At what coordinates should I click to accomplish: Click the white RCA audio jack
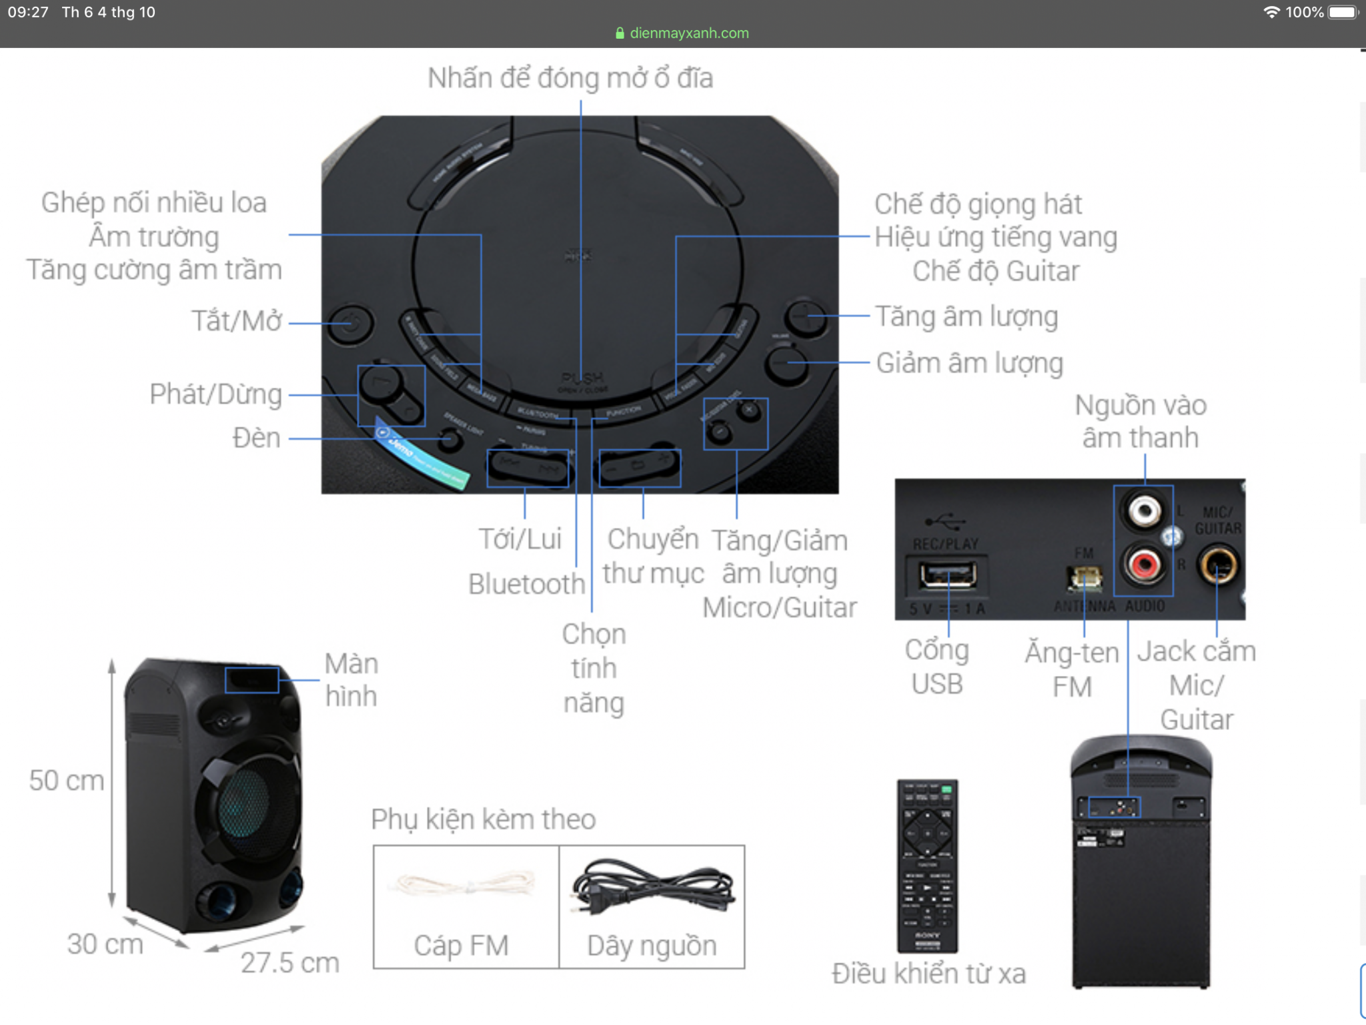pyautogui.click(x=1144, y=511)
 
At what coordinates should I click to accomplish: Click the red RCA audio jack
pyautogui.click(x=1144, y=565)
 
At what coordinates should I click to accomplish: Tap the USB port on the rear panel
pyautogui.click(x=947, y=574)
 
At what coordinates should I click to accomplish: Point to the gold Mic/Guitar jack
pyautogui.click(x=1218, y=566)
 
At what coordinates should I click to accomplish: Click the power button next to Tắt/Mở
pyautogui.click(x=351, y=324)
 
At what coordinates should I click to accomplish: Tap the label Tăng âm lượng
pyautogui.click(x=966, y=317)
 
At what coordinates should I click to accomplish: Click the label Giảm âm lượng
pyautogui.click(x=969, y=364)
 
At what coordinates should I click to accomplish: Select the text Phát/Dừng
pyautogui.click(x=215, y=394)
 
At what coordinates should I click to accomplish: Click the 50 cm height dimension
pyautogui.click(x=67, y=781)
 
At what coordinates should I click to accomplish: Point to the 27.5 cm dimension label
pyautogui.click(x=289, y=963)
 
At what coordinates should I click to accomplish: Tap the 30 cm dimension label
pyautogui.click(x=105, y=944)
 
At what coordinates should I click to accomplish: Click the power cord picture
pyautogui.click(x=652, y=887)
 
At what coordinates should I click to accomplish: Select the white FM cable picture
pyautogui.click(x=466, y=885)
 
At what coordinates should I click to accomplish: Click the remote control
pyautogui.click(x=927, y=865)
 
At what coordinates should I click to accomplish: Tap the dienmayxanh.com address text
pyautogui.click(x=689, y=33)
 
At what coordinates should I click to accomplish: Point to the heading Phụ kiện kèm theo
pyautogui.click(x=484, y=819)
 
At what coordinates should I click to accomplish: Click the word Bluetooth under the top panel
pyautogui.click(x=526, y=584)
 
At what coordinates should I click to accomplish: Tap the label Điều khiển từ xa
pyautogui.click(x=928, y=974)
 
